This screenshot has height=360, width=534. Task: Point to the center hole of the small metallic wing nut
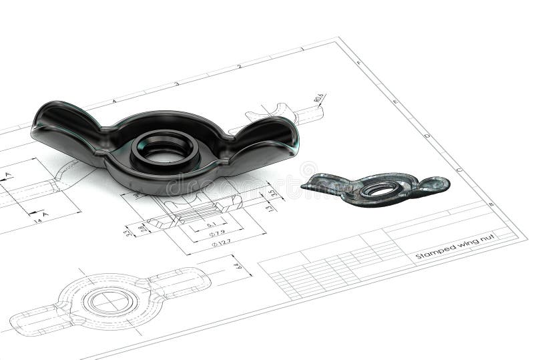380,190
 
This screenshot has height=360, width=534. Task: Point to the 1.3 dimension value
269,208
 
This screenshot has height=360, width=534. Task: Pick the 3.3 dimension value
129,232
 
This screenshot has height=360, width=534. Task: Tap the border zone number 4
114,101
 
